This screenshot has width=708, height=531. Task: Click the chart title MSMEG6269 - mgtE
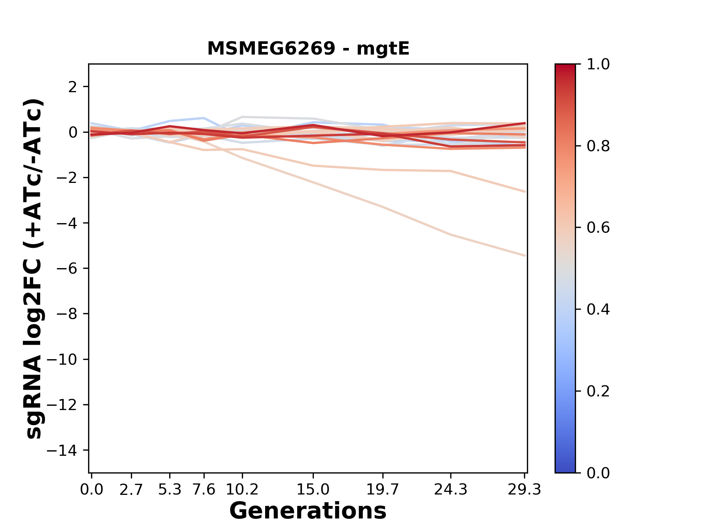pos(308,49)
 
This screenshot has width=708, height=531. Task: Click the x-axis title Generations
pos(308,511)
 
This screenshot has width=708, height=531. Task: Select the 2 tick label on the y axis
pos(73,87)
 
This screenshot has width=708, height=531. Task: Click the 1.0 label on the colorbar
pos(598,65)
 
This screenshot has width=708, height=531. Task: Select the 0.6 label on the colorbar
pos(598,228)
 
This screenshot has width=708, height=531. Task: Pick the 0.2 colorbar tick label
pos(598,391)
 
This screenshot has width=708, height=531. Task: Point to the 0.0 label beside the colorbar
pos(598,473)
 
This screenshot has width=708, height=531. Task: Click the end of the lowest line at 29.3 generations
pos(525,256)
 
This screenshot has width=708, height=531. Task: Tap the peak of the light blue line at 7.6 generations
pos(204,118)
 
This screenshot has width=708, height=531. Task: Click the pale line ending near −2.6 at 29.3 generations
pos(525,192)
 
